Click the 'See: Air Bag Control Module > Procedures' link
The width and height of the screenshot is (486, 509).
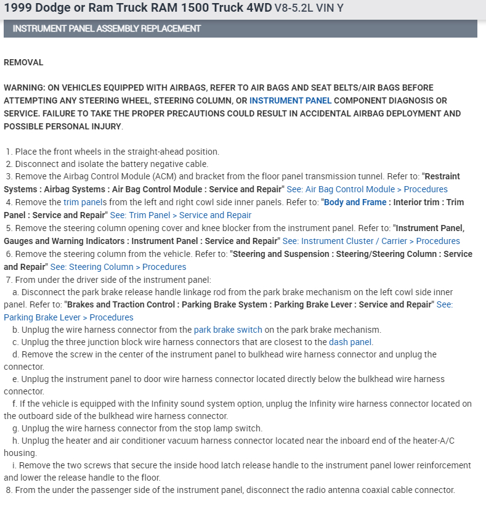pos(367,189)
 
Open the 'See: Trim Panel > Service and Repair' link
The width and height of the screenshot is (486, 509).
pos(180,215)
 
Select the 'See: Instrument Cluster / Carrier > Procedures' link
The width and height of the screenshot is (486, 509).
pos(371,241)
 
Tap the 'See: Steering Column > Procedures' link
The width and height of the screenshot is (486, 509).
pos(118,267)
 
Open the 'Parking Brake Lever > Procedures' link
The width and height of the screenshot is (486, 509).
pos(68,317)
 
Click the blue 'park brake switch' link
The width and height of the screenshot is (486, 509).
pos(228,330)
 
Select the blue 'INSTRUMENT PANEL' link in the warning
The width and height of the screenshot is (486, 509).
pos(290,100)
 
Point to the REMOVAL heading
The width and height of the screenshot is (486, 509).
pos(23,62)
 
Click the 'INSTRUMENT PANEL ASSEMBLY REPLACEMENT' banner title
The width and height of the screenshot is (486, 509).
pos(107,28)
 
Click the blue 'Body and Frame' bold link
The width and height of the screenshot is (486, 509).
pos(355,202)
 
